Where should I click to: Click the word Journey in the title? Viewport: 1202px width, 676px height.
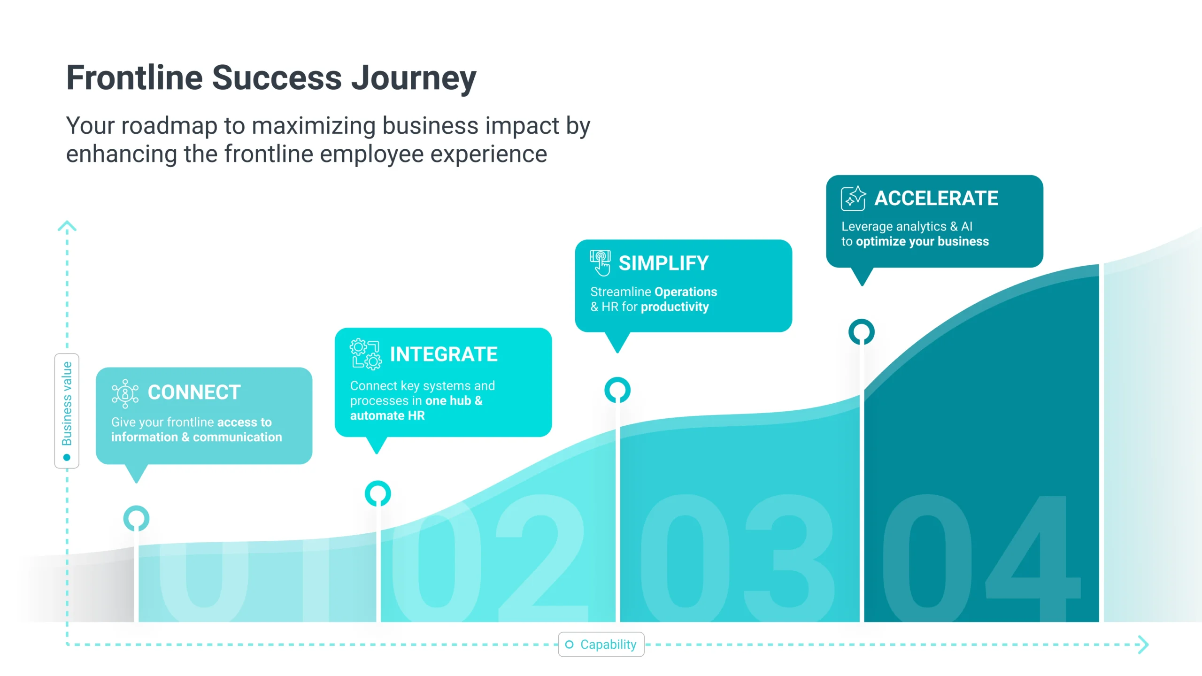coord(414,79)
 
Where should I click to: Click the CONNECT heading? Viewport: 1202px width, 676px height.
coord(194,392)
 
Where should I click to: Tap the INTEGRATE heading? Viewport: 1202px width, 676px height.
coord(444,354)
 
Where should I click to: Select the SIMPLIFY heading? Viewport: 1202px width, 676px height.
coord(663,263)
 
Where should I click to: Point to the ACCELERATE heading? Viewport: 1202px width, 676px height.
coord(936,198)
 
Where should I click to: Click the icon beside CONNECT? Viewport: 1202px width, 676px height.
coord(125,393)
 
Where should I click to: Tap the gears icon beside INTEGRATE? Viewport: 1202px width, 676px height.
coord(365,354)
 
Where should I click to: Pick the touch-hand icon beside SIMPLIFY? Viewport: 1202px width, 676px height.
coord(601,263)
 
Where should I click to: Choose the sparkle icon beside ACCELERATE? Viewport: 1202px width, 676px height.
coord(853,198)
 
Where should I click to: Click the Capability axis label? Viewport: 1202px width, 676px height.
coord(608,645)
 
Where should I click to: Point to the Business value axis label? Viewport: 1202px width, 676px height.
coord(67,404)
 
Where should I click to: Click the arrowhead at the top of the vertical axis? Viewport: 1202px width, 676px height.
coord(67,226)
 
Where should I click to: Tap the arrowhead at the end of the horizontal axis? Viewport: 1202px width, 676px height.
coord(1144,645)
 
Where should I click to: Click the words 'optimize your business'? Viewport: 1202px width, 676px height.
coord(922,241)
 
